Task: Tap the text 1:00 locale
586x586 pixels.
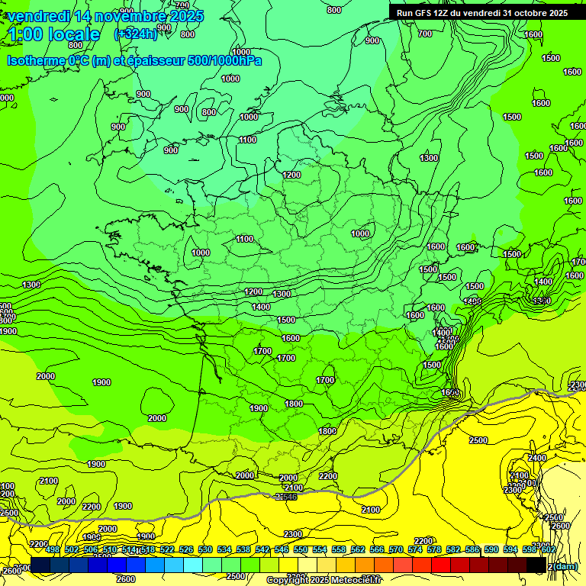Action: point(54,34)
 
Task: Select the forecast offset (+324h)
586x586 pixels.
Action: point(136,34)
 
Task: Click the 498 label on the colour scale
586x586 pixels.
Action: point(53,549)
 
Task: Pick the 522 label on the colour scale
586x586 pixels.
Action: point(167,549)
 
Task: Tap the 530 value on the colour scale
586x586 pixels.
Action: point(205,549)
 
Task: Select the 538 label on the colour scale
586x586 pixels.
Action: point(243,549)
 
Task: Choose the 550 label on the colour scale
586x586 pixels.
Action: point(301,549)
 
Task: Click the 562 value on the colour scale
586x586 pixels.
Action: point(358,549)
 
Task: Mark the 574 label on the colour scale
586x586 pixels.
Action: point(415,549)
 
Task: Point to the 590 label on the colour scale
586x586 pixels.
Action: point(491,549)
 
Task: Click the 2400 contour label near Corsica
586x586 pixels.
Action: point(537,458)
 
